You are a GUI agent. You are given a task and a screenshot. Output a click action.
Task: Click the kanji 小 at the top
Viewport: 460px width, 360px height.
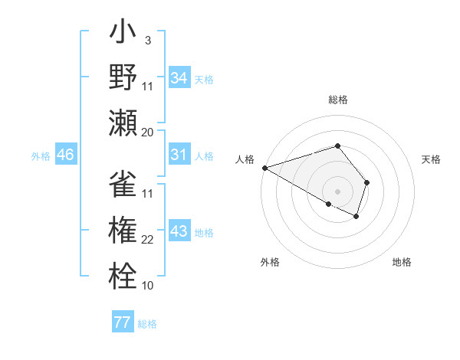123,36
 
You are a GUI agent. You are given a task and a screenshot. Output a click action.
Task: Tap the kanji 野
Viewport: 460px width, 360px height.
123,79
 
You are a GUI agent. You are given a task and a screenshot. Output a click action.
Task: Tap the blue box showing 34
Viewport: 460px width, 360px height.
179,77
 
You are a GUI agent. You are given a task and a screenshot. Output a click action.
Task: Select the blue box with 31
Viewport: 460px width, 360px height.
179,155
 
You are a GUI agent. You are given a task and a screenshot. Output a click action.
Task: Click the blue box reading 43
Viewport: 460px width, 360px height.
179,231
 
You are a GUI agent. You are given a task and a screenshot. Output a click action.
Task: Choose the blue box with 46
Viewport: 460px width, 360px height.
65,155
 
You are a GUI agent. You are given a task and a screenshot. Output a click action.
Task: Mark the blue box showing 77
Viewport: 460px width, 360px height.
123,322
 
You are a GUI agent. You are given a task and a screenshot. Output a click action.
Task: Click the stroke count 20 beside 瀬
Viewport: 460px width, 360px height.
148,132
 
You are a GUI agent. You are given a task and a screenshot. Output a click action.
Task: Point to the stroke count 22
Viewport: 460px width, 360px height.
148,240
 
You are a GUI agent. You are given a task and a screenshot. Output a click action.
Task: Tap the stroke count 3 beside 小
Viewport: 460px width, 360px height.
147,40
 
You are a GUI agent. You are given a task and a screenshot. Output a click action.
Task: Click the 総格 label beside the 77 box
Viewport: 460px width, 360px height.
147,324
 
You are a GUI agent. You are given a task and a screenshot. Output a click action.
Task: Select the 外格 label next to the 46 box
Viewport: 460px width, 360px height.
41,156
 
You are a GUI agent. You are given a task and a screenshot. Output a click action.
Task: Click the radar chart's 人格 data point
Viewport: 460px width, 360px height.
264,168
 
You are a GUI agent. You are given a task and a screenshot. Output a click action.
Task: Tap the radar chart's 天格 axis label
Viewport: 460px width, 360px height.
432,159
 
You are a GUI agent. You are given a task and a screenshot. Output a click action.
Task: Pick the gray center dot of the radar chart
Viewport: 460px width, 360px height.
337,191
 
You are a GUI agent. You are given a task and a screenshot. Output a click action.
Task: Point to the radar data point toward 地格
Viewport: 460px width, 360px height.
357,217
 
